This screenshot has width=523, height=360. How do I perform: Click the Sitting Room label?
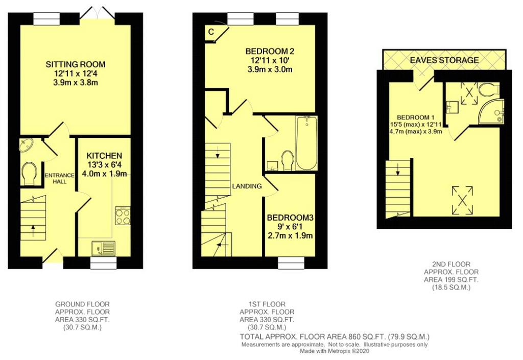pos(76,64)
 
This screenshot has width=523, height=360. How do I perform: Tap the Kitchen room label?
pos(104,156)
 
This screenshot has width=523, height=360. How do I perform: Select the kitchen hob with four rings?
pos(123,216)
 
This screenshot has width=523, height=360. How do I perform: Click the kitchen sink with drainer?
pos(103,249)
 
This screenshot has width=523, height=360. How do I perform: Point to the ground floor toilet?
pos(29,173)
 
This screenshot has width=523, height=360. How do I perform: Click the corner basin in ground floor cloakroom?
pos(26,146)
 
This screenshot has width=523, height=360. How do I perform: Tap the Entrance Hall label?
pos(59,178)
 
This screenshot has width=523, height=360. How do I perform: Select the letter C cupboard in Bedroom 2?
pos(211,32)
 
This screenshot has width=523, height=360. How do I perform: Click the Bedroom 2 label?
pos(270,52)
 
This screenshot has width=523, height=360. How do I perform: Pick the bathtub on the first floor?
pos(306,143)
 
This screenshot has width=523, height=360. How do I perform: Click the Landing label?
pos(247,186)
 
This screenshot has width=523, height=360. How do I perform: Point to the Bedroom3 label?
pos(290,218)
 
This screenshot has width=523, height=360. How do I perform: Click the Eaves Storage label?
pos(444,60)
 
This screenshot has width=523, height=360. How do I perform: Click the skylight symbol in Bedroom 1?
pos(462,200)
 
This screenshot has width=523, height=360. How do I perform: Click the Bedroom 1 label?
pos(415,117)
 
